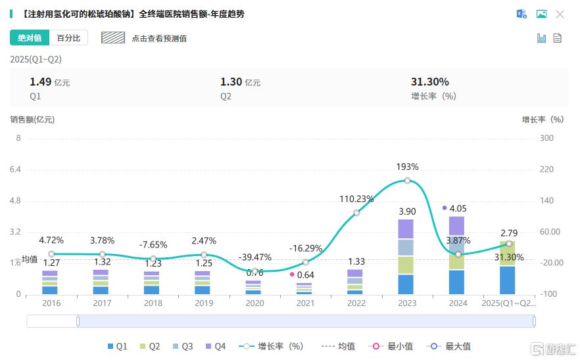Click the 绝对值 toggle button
30,38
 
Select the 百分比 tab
68,38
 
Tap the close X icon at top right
560,14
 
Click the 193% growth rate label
407,167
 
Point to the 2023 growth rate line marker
408,180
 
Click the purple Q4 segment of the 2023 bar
406,228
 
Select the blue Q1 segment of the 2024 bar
456,282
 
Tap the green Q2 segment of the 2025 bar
507,253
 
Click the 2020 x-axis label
254,303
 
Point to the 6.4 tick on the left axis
14,169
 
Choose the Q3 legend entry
181,346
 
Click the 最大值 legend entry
451,346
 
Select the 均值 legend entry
339,346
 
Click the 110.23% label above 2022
356,199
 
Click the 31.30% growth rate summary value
429,82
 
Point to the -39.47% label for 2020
254,257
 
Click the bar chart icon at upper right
541,38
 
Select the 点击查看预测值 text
158,38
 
